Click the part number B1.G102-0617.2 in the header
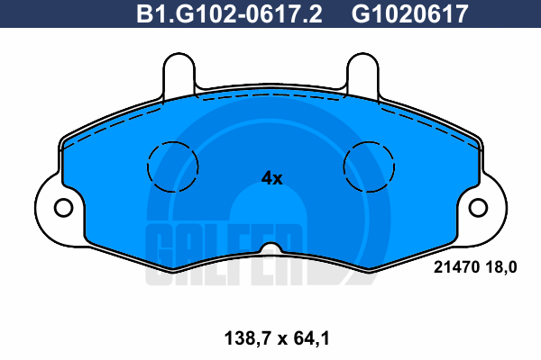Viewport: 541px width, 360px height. tap(229, 14)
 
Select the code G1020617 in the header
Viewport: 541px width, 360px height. tap(410, 14)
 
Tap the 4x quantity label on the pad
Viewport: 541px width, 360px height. tap(272, 178)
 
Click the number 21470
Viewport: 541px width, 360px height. tap(457, 267)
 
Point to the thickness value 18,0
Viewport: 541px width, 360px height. tap(501, 267)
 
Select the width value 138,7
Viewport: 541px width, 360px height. tap(247, 338)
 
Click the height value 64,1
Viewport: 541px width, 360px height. tap(312, 338)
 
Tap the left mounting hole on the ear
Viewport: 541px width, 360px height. tap(63, 208)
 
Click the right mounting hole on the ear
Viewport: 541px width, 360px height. tap(478, 208)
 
